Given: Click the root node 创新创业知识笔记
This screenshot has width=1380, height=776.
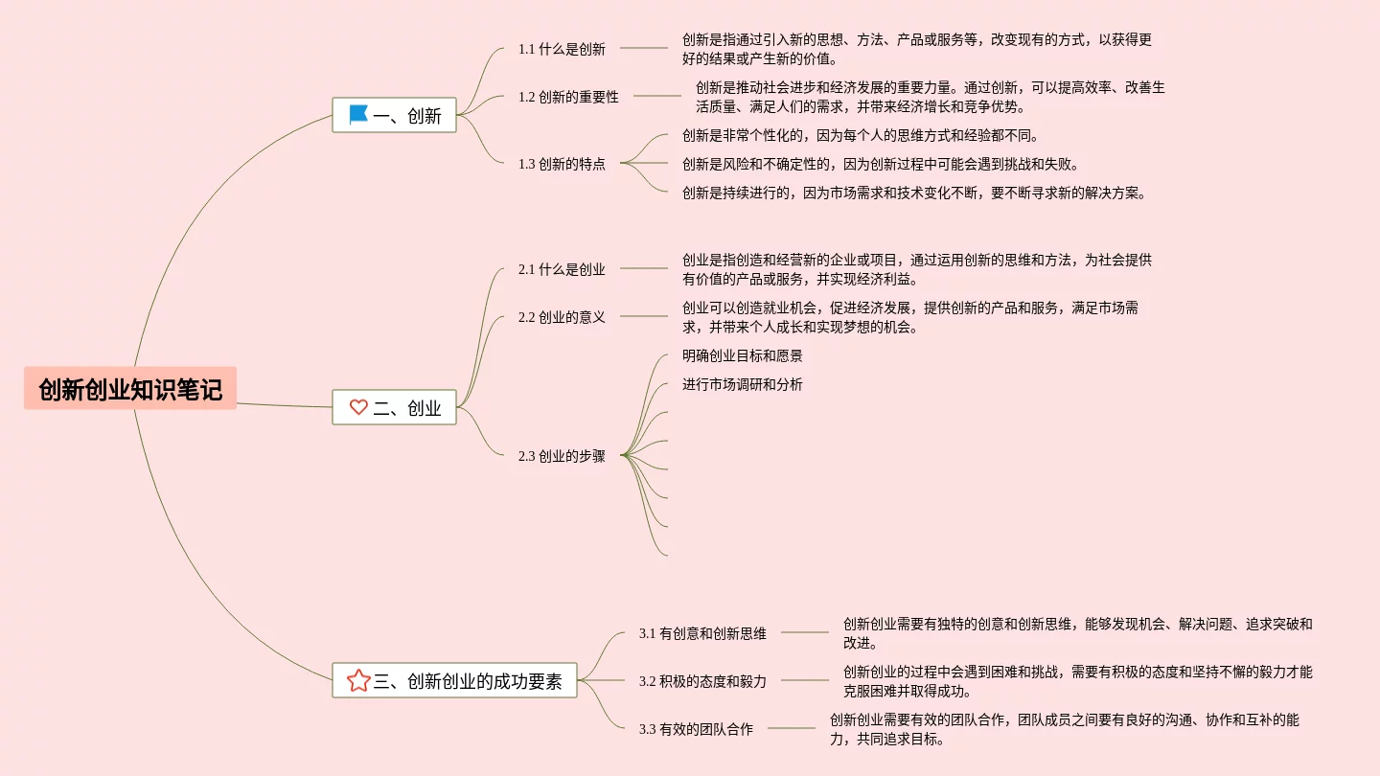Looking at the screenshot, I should pyautogui.click(x=130, y=389).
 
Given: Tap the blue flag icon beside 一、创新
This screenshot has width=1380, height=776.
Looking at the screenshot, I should pyautogui.click(x=358, y=115).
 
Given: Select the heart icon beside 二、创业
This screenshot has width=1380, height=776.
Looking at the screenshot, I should pyautogui.click(x=358, y=407).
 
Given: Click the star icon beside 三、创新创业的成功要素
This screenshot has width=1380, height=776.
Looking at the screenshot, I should pyautogui.click(x=358, y=681).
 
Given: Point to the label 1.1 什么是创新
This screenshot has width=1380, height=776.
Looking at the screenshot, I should pyautogui.click(x=562, y=49).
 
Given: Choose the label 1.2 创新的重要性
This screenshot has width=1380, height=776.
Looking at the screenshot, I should pyautogui.click(x=568, y=97).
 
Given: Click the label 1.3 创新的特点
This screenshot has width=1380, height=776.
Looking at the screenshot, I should pyautogui.click(x=562, y=164).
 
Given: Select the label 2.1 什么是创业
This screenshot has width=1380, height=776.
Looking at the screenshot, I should pyautogui.click(x=562, y=269).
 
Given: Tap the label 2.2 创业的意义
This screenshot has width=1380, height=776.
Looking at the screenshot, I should pyautogui.click(x=562, y=317).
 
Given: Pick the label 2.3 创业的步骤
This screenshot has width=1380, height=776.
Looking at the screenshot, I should pyautogui.click(x=562, y=456).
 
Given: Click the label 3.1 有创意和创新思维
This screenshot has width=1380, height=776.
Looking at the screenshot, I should pyautogui.click(x=702, y=633).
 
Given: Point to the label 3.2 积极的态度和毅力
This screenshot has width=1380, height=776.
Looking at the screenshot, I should pyautogui.click(x=702, y=681).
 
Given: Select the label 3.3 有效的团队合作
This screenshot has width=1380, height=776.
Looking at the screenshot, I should pyautogui.click(x=696, y=729).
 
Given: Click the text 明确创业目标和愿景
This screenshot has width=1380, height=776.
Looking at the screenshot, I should pyautogui.click(x=743, y=355).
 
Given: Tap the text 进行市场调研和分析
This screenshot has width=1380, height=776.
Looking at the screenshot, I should pyautogui.click(x=743, y=384).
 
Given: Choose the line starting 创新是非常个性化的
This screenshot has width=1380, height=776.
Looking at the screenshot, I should pyautogui.click(x=861, y=135).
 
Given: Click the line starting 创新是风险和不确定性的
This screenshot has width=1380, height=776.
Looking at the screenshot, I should pyautogui.click(x=881, y=164).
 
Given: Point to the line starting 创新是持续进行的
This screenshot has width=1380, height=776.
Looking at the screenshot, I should pyautogui.click(x=914, y=193).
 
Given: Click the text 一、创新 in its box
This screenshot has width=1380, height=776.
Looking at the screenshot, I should pyautogui.click(x=407, y=116).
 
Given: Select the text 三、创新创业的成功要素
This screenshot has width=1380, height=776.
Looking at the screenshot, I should pyautogui.click(x=468, y=681).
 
